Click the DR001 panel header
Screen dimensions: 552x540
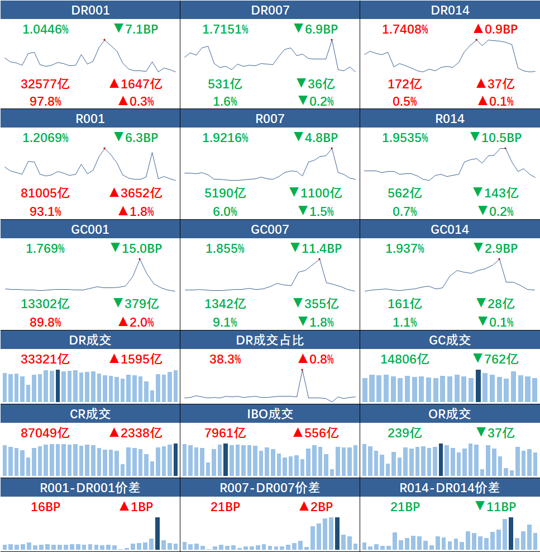[x=90, y=10]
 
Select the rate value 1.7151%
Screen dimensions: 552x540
[x=225, y=29]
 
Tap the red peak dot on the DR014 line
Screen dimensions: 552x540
[x=476, y=40]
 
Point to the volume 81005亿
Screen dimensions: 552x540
[x=45, y=194]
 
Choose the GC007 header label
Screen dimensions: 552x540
[x=270, y=230]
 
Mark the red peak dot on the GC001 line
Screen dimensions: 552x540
[x=139, y=260]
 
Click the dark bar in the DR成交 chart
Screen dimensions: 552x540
[x=58, y=385]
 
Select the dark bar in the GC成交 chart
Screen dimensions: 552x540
[x=478, y=385]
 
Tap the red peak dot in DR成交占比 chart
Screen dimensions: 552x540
[x=302, y=370]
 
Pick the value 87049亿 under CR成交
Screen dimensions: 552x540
[x=45, y=433]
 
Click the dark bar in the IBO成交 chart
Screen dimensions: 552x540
[x=226, y=460]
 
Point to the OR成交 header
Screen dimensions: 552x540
[x=450, y=414]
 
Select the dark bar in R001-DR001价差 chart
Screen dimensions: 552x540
[x=157, y=533]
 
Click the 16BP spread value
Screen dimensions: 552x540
[x=45, y=507]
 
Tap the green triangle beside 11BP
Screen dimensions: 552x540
[x=480, y=507]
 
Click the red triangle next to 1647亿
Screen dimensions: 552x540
[x=114, y=84]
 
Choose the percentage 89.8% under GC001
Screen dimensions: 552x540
[x=45, y=322]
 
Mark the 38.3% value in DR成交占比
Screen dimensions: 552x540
[x=225, y=360]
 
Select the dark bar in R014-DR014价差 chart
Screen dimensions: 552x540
[x=511, y=534]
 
